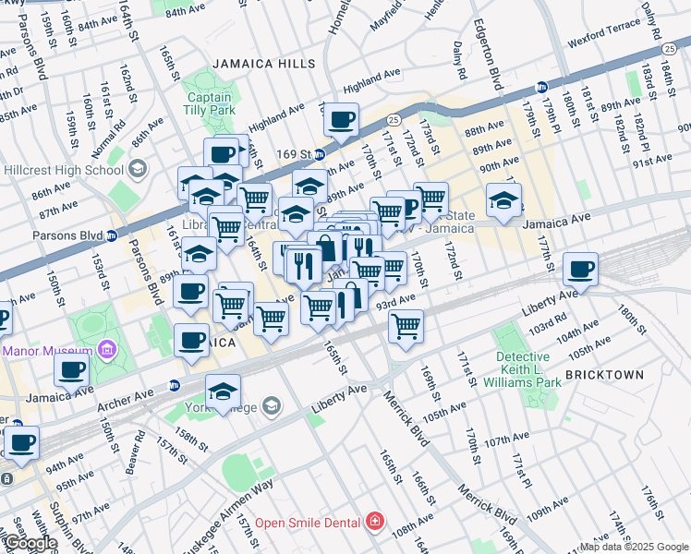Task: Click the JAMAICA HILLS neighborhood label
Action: (x=263, y=64)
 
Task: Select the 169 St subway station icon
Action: (x=319, y=154)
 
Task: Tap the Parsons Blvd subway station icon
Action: (x=113, y=235)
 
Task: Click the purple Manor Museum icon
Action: (x=107, y=351)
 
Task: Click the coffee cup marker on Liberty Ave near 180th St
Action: (x=580, y=270)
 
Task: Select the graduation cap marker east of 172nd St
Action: (x=503, y=200)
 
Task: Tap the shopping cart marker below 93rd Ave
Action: (x=406, y=326)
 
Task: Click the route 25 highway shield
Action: (x=393, y=119)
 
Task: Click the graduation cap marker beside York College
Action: (x=223, y=391)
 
